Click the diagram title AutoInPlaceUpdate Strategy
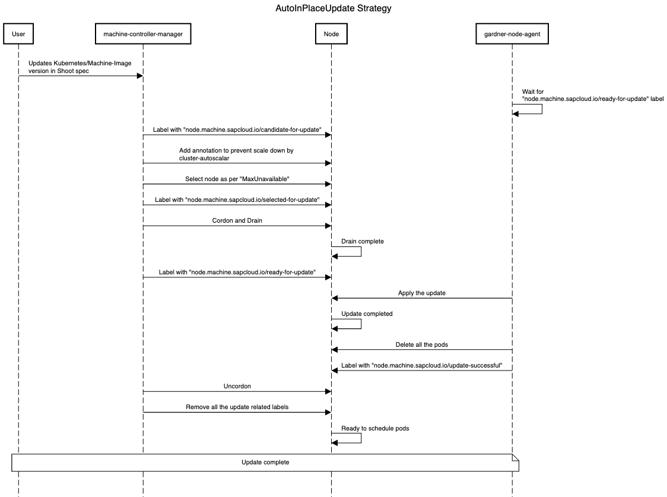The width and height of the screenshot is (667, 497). (x=333, y=8)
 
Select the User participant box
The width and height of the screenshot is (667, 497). (x=18, y=34)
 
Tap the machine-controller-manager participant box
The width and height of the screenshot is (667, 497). (x=143, y=34)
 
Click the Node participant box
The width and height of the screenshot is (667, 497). (x=331, y=34)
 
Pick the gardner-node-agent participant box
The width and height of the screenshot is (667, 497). (x=512, y=34)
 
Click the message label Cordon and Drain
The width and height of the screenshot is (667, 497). (x=237, y=220)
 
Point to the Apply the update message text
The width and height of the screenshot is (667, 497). (x=421, y=293)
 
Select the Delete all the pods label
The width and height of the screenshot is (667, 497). (x=421, y=344)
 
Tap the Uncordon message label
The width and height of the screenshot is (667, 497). (x=237, y=386)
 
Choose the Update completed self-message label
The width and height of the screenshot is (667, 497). (x=367, y=314)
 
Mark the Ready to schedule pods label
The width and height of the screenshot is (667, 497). (x=375, y=428)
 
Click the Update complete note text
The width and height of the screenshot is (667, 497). (x=265, y=462)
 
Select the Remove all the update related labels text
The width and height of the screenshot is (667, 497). (x=237, y=407)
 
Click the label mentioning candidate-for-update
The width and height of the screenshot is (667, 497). (x=237, y=129)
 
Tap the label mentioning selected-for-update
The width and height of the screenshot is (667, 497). (x=237, y=200)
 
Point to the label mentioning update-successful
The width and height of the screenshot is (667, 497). (x=426, y=365)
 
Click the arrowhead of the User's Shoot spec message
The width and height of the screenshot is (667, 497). (x=139, y=75)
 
